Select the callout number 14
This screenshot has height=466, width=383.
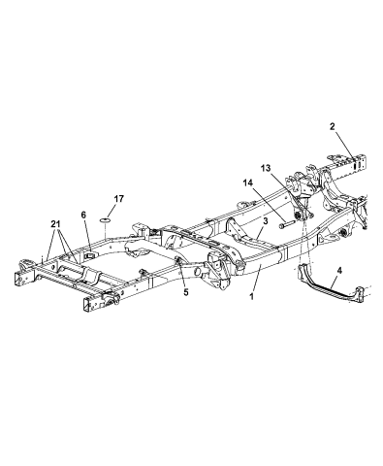[x=247, y=183]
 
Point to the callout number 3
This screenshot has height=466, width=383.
[x=264, y=222]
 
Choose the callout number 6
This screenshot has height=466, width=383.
[x=84, y=216]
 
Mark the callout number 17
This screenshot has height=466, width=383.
[x=119, y=199]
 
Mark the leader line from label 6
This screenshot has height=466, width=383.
[x=85, y=236]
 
